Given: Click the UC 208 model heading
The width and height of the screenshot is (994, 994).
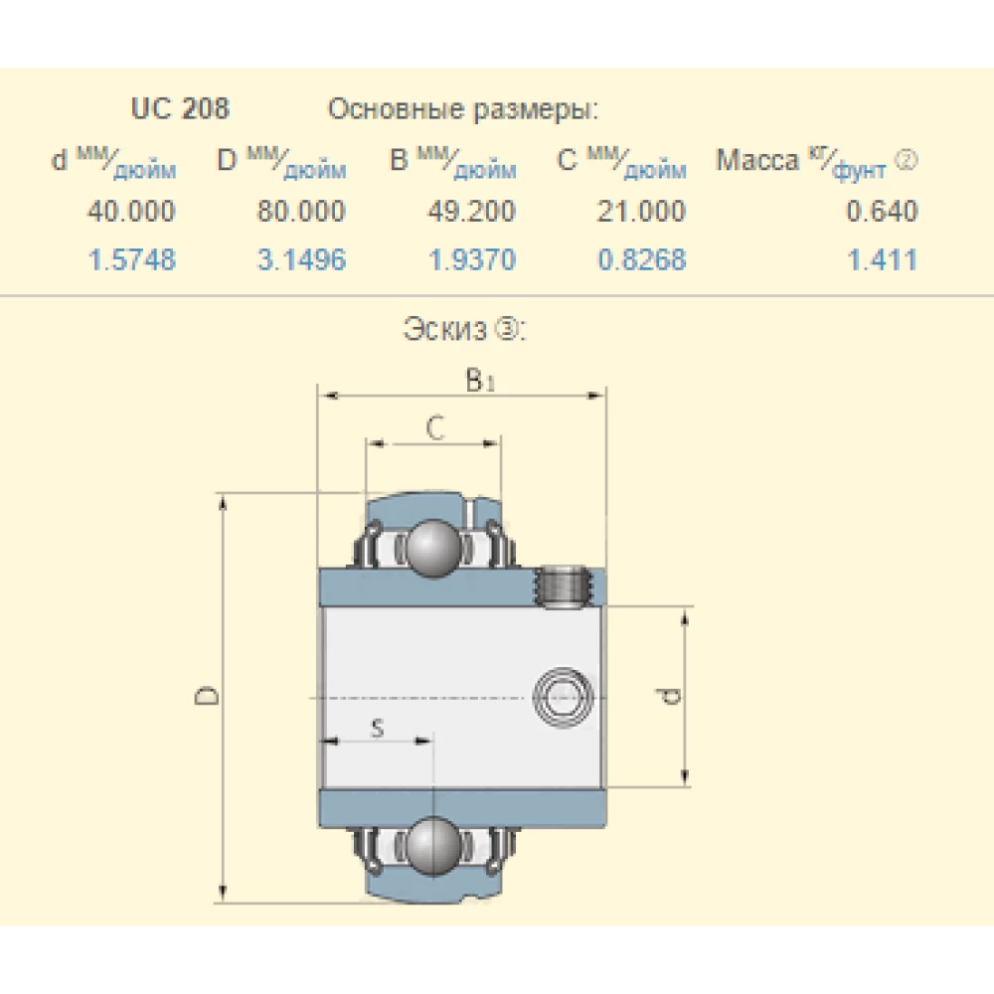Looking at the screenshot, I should pos(180,108).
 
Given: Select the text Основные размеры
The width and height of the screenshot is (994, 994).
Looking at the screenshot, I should pos(463,109).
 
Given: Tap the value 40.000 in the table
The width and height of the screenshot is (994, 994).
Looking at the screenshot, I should pos(131,211).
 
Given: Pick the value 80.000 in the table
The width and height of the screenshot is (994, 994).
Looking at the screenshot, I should pos(301,211).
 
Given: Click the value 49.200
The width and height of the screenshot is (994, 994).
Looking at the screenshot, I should pos(471,211).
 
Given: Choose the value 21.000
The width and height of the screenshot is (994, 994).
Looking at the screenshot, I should pos(641,211).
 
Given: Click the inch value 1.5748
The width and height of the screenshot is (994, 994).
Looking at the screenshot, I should pos(131,260).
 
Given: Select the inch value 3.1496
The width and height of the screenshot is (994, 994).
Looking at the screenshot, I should pos(301,260).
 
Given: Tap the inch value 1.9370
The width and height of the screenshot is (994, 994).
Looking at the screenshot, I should pos(471,260).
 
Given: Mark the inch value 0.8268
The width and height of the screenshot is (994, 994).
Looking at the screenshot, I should pos(641,260).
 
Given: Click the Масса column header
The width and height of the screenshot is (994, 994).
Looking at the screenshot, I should pos(757,162).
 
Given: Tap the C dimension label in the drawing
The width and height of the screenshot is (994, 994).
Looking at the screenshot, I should pos(434,428).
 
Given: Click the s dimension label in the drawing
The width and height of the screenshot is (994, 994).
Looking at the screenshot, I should pos(377,729).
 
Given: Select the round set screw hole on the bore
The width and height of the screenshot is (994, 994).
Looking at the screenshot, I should pos(563,695).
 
